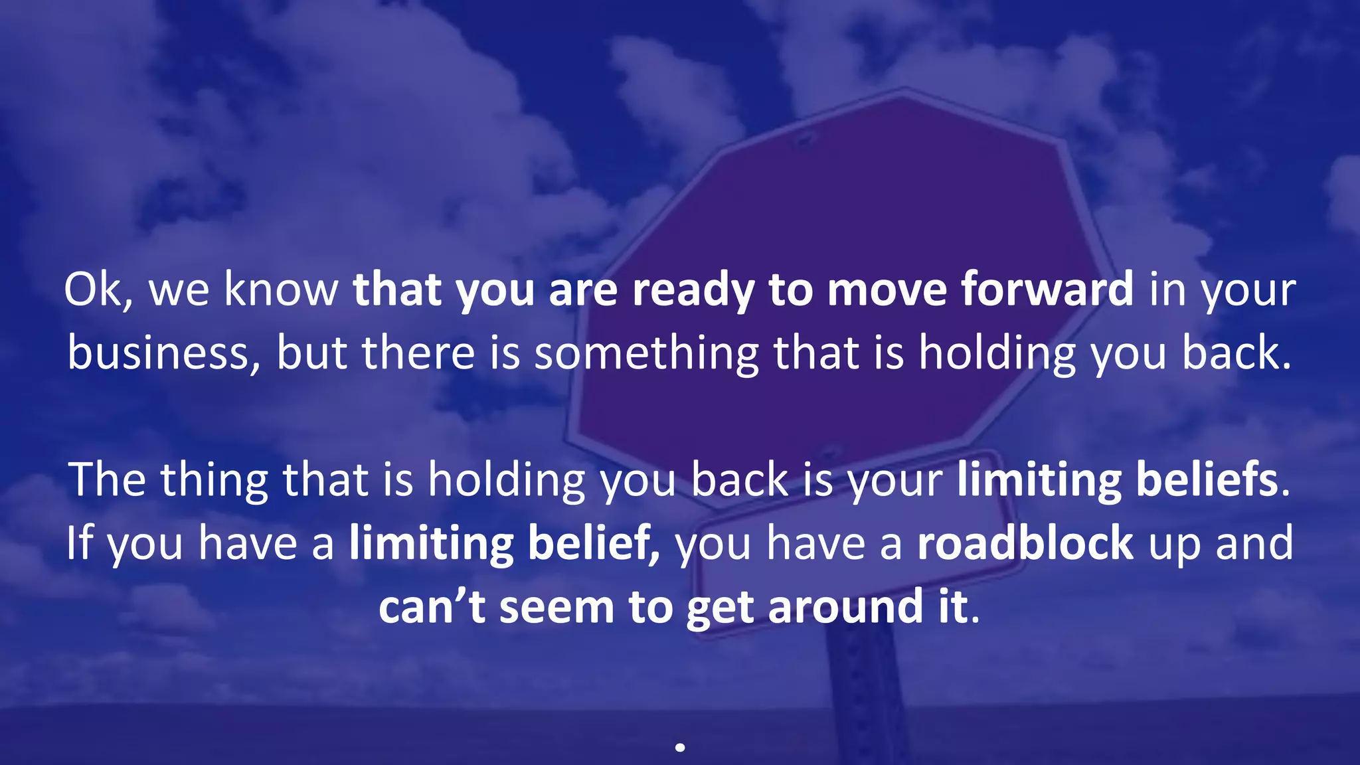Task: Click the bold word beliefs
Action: click(x=1207, y=479)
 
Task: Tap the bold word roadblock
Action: click(x=1025, y=543)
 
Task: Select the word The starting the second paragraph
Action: click(x=106, y=479)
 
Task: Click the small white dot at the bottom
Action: click(x=680, y=747)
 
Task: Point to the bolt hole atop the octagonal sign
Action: click(x=804, y=140)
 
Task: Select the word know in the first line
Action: click(x=281, y=290)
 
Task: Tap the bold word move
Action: click(x=887, y=291)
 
